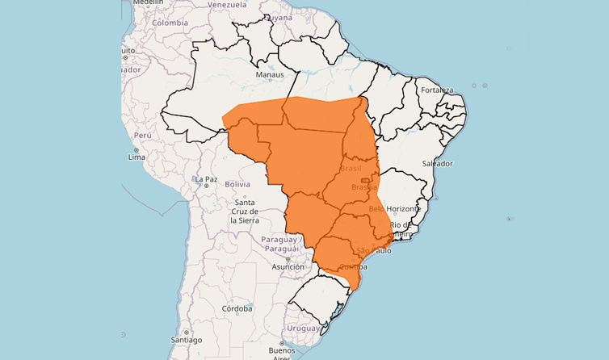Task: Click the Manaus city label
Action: click(269, 75)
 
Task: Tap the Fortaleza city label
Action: click(436, 90)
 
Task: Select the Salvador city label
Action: click(437, 163)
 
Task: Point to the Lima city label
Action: click(136, 157)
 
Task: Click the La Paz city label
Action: click(206, 178)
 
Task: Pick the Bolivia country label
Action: click(237, 184)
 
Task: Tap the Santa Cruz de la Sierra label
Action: click(243, 211)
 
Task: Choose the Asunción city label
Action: click(288, 266)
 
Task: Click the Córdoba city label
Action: click(238, 308)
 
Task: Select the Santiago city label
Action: click(186, 341)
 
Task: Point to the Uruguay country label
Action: click(304, 328)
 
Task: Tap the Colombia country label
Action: click(170, 23)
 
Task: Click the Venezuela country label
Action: click(226, 4)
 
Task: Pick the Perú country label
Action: click(143, 136)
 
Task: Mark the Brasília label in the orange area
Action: click(364, 187)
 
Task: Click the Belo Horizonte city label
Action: click(395, 208)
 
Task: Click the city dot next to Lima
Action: click(136, 150)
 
